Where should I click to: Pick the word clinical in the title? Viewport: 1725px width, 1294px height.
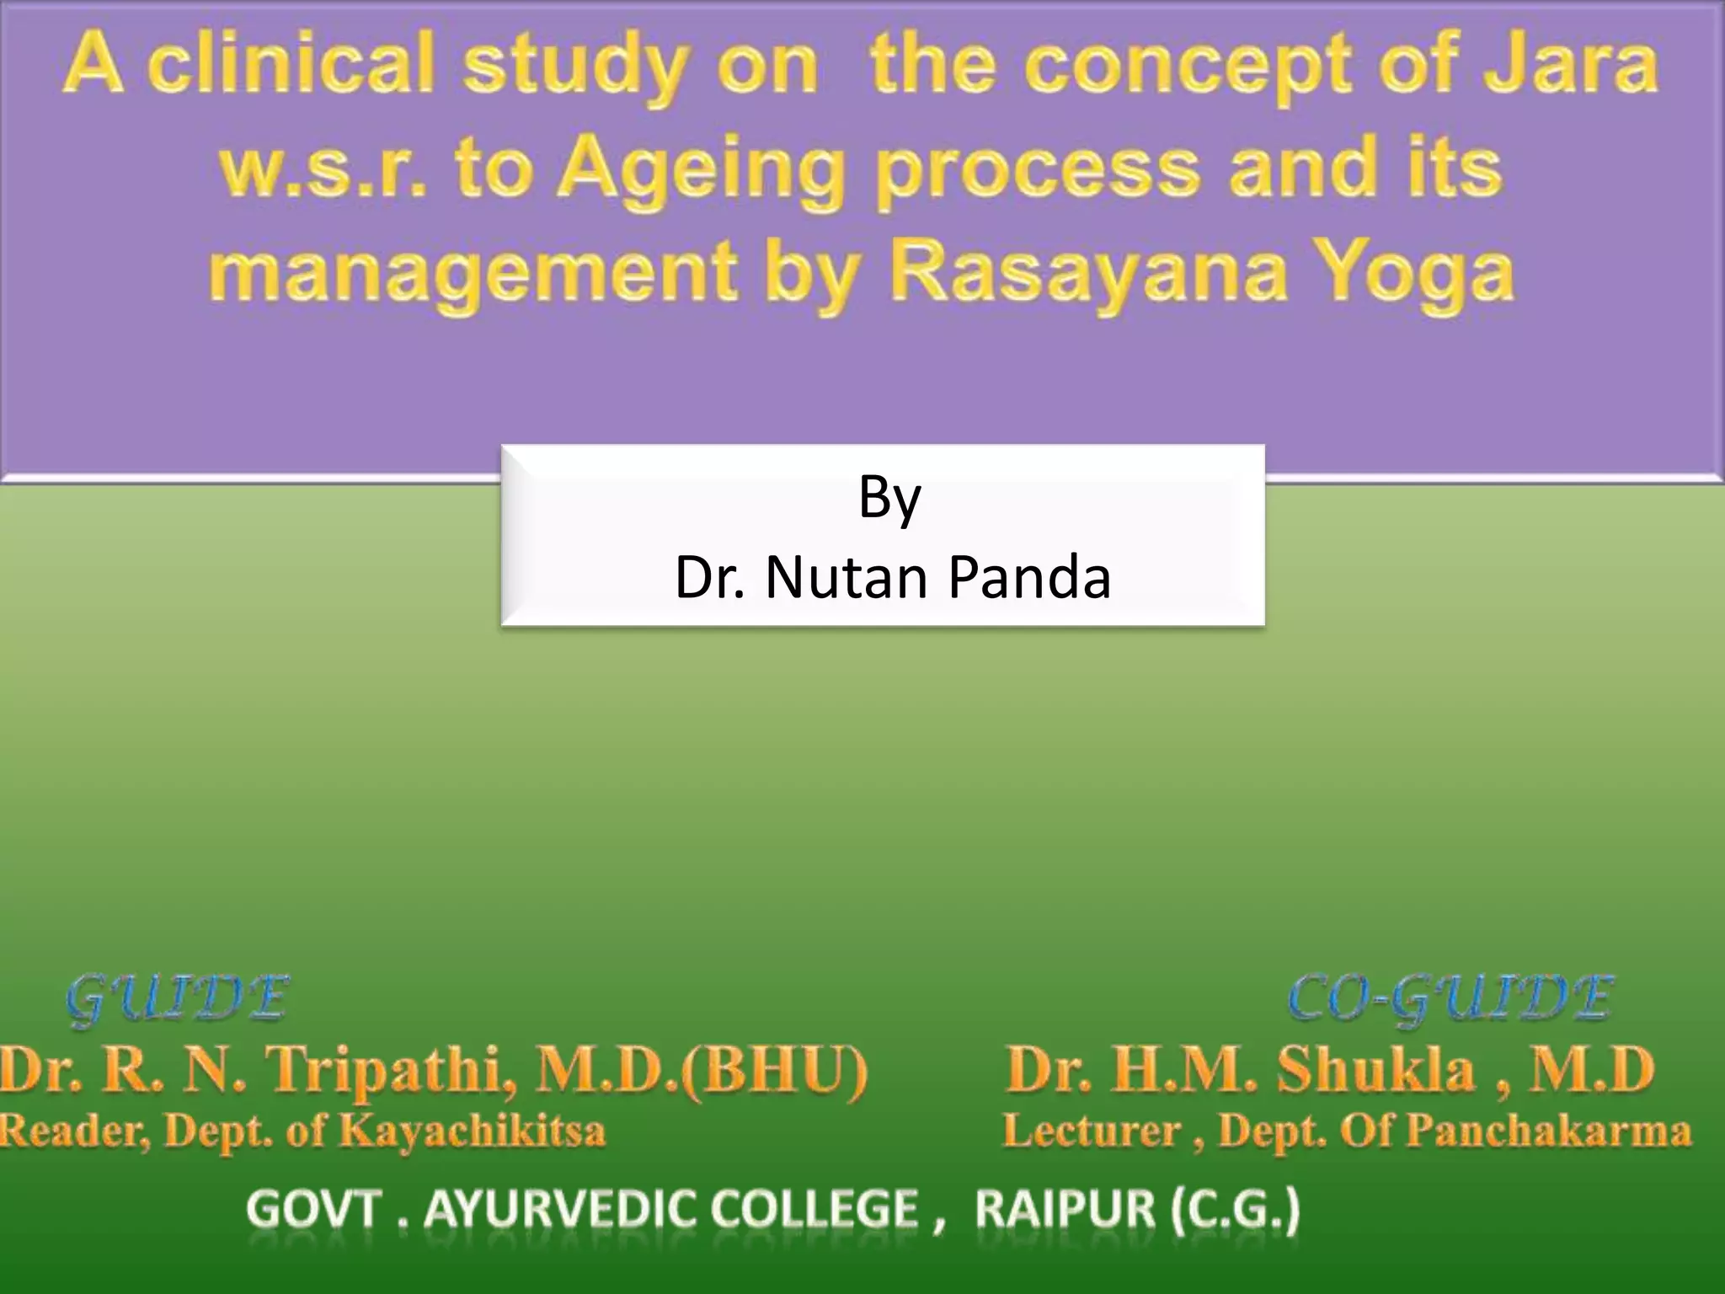point(291,66)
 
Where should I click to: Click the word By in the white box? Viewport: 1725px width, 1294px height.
point(889,497)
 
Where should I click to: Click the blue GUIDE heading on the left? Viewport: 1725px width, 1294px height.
point(178,1000)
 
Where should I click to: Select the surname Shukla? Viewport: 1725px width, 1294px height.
point(1376,1070)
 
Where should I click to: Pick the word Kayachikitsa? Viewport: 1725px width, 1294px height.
point(472,1131)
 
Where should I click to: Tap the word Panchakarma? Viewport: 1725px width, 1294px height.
point(1549,1131)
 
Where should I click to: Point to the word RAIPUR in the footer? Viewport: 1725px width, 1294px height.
point(1066,1211)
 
